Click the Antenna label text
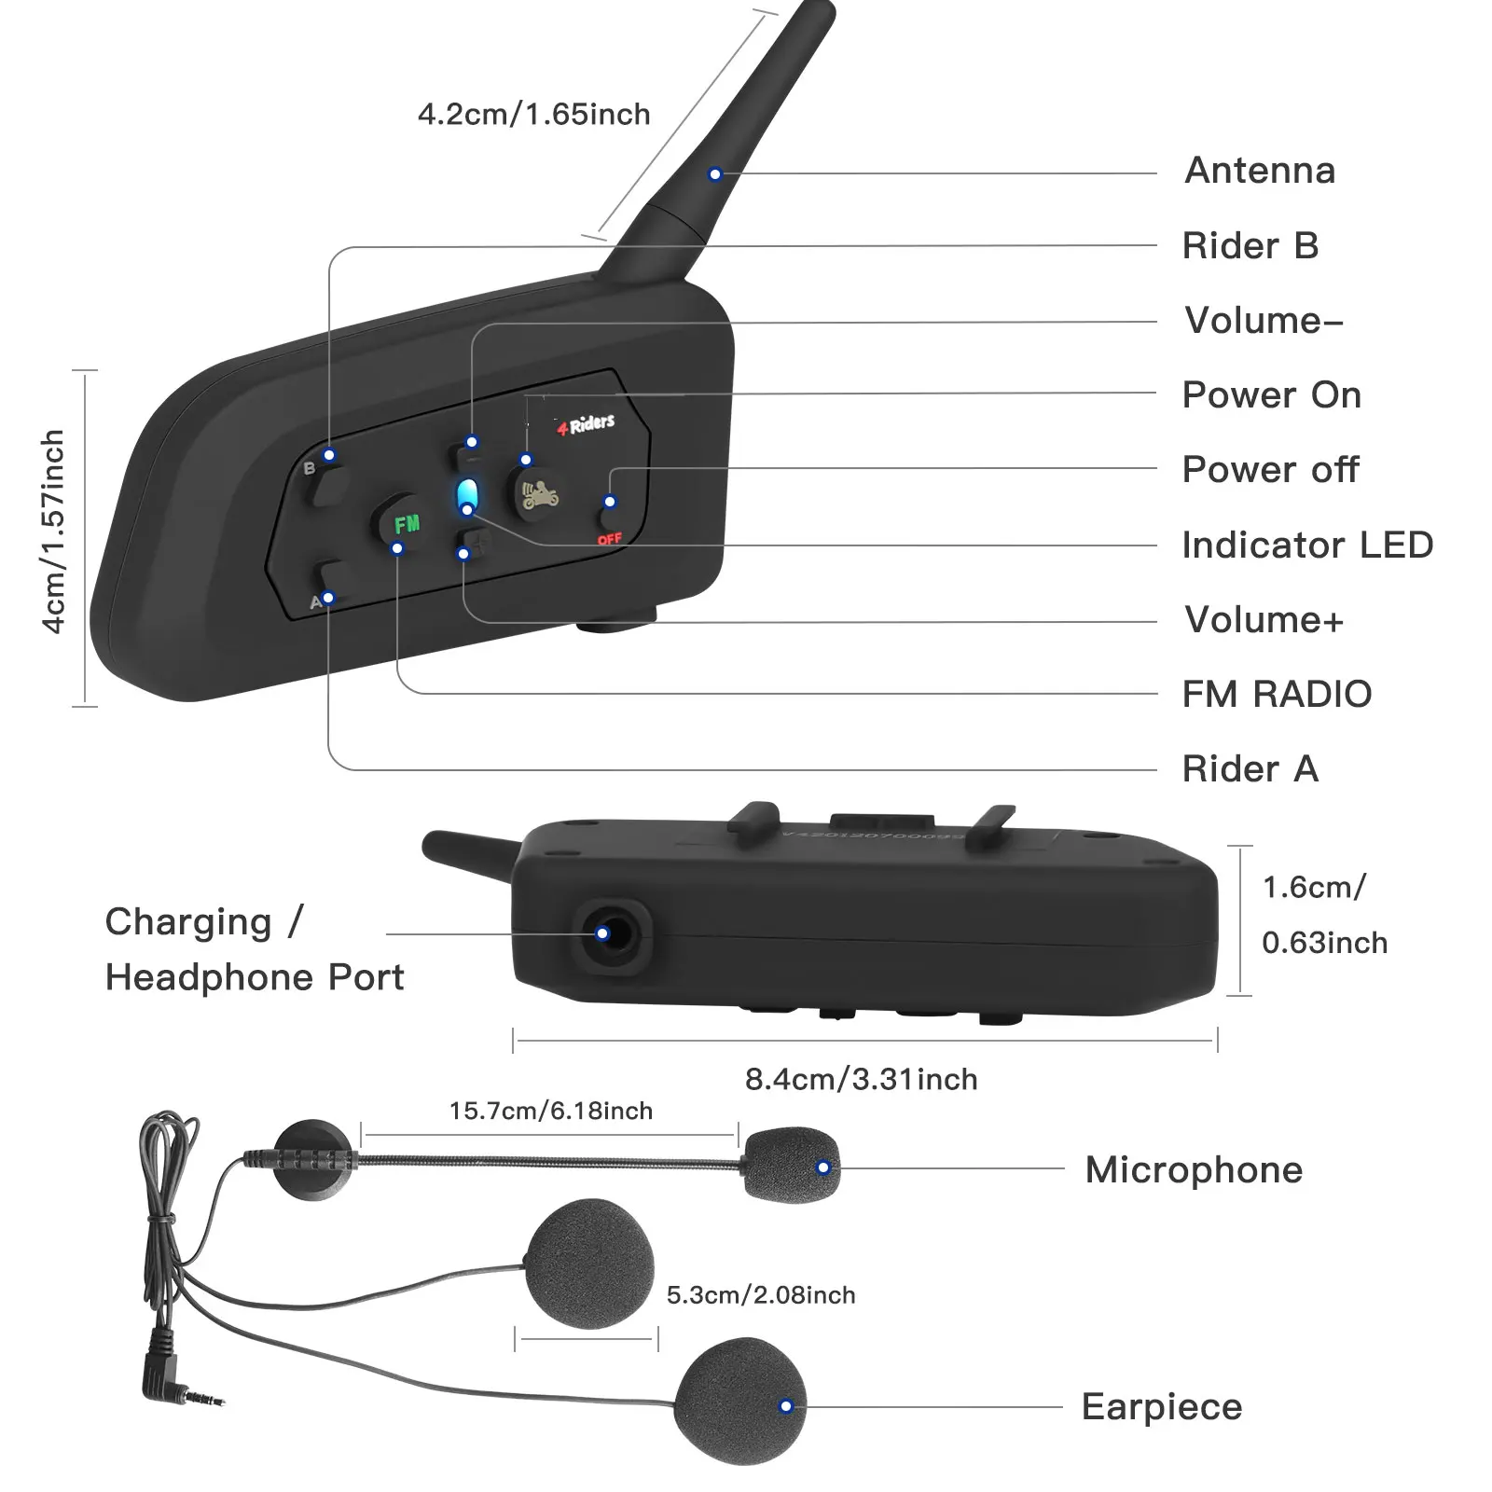1260,171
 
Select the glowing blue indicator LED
468,496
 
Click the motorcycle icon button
538,491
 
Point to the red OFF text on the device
609,539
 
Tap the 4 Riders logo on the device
587,424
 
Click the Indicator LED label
1307,546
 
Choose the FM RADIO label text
1277,695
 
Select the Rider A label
1250,769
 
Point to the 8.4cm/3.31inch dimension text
861,1079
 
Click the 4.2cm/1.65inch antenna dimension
533,115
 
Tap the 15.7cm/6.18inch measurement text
550,1111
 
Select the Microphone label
1194,1170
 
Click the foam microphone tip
791,1165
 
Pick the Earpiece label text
1162,1407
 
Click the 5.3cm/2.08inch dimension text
761,1295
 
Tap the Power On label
1271,395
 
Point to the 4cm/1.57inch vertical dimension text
54,532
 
